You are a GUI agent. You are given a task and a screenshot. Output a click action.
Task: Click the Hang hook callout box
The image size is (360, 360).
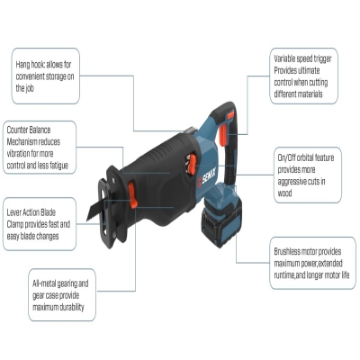[x=46, y=76]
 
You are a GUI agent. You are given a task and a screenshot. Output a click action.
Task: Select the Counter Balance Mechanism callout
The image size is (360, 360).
[x=40, y=148]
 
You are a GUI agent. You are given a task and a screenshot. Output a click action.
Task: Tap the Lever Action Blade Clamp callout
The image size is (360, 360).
[x=40, y=224]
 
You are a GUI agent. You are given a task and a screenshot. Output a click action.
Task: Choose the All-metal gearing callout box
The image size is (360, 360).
[x=62, y=295]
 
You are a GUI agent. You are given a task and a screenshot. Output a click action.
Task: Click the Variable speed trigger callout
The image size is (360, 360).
[x=304, y=76]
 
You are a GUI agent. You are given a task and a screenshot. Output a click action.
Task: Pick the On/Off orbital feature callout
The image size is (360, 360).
[x=308, y=175]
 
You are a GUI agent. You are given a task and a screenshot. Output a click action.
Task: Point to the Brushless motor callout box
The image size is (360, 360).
[x=313, y=263]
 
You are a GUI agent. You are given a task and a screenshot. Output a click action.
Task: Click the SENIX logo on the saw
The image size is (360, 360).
[x=207, y=179]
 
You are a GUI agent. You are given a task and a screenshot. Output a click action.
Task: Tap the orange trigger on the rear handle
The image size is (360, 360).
[x=223, y=135]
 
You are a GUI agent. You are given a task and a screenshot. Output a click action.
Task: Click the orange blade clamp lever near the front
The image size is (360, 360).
[x=132, y=195]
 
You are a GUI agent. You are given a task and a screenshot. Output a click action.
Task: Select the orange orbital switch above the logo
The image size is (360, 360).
[x=191, y=164]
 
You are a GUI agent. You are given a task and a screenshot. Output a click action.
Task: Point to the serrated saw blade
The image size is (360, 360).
[x=95, y=211]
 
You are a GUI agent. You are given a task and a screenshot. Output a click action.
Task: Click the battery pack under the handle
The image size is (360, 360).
[x=222, y=214]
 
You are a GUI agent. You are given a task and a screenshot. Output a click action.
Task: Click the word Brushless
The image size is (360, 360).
[x=287, y=251]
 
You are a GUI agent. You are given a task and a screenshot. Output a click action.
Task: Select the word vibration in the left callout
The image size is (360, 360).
[x=19, y=154]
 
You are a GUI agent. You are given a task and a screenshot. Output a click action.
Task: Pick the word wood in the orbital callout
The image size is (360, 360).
[x=284, y=193]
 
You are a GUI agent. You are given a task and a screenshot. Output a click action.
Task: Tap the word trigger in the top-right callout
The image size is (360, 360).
[x=322, y=58]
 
